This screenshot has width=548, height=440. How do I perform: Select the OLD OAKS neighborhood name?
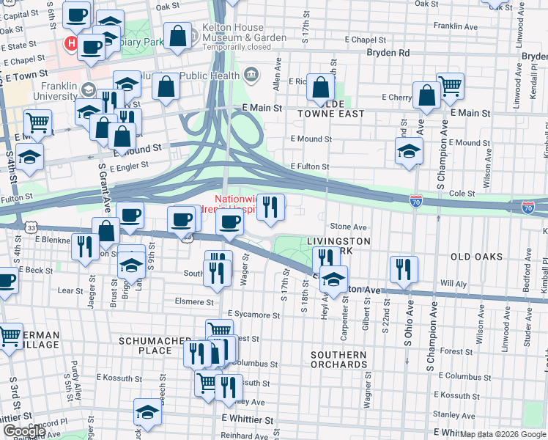[476, 257]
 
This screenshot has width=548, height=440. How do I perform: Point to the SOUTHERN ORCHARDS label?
[338, 359]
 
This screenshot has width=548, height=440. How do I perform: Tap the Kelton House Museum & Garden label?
[234, 32]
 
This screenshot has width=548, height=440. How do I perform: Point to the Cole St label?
[462, 194]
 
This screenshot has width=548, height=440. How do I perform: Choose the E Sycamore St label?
[253, 315]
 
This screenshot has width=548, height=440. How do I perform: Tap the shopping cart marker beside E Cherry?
[450, 85]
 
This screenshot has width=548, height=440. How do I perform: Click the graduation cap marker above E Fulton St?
[409, 151]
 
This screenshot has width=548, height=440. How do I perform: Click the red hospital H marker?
[72, 43]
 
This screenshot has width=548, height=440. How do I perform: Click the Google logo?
[24, 431]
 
